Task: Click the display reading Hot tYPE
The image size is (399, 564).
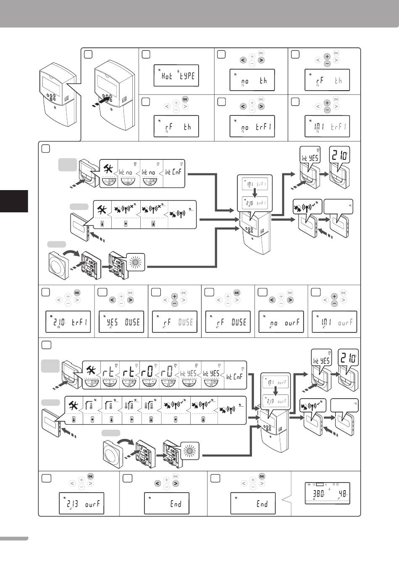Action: tap(176, 76)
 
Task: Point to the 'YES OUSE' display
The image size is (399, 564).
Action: tap(121, 322)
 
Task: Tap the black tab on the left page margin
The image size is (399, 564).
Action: tap(14, 201)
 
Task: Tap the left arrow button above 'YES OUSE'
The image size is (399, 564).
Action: tap(113, 300)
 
